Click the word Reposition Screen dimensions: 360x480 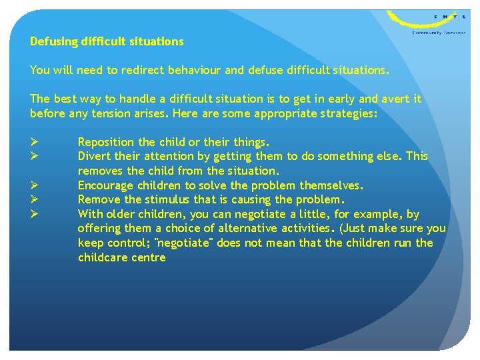point(105,142)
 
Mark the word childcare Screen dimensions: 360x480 point(103,257)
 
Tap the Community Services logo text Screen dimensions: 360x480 point(439,32)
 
